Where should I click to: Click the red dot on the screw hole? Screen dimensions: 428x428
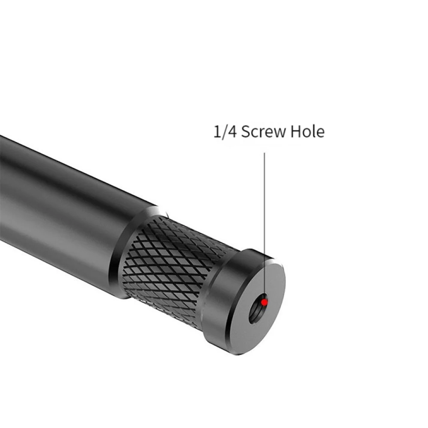coord(265,302)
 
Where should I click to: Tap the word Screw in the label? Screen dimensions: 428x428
coord(263,131)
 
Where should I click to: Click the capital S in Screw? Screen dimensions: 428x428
coord(246,131)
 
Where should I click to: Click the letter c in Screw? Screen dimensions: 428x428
coord(254,133)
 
